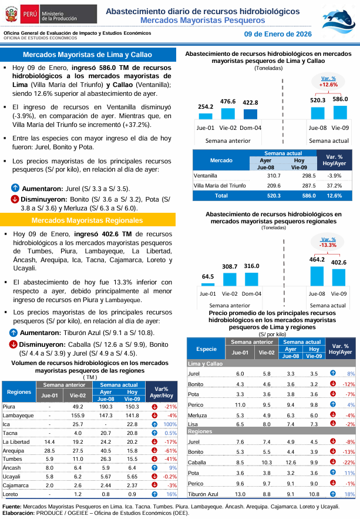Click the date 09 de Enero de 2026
(x=277, y=34)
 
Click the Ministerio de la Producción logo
(x=45, y=11)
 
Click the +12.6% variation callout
(x=328, y=82)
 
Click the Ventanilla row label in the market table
(x=206, y=175)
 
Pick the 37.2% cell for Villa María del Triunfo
(x=334, y=185)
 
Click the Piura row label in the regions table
(x=9, y=407)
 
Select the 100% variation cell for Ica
(x=170, y=424)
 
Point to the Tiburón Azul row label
(x=203, y=494)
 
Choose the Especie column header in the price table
(x=206, y=349)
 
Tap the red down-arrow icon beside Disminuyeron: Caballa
(x=15, y=343)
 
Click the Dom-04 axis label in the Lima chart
(x=251, y=128)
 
